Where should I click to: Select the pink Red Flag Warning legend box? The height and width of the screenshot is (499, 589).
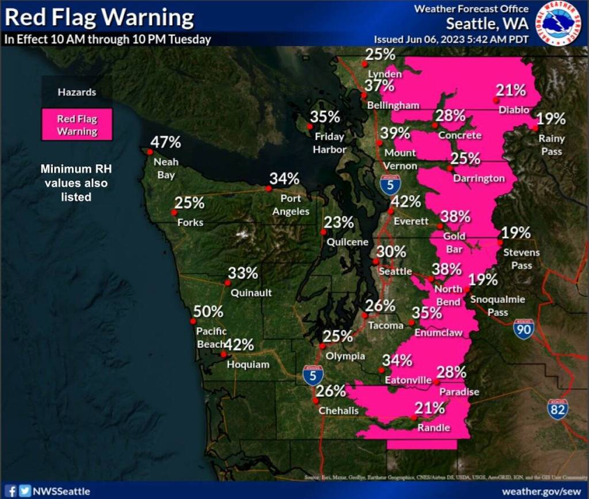coord(77,125)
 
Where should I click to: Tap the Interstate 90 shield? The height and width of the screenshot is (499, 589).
coord(523,329)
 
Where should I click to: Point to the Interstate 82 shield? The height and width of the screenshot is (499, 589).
coord(557,408)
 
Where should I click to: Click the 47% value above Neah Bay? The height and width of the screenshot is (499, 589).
coord(166,142)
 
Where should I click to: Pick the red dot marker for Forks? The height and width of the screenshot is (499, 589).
coord(174,213)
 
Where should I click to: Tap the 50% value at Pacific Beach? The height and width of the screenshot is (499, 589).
coord(208,311)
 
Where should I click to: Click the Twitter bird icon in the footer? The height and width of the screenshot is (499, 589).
coord(24,491)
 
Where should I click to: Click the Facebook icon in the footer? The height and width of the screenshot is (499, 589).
coord(11,491)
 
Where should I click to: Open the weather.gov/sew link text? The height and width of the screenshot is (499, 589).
coord(542,492)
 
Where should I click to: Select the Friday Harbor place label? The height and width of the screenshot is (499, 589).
coord(330,143)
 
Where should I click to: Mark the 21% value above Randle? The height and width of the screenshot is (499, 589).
coord(430,408)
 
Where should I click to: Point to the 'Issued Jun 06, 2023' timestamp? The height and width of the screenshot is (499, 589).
coord(451,40)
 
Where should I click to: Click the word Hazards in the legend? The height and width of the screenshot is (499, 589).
coord(77,92)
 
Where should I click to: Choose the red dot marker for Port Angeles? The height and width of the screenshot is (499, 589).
coord(268,189)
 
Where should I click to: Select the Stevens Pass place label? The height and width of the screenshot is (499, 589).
coord(521,259)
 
